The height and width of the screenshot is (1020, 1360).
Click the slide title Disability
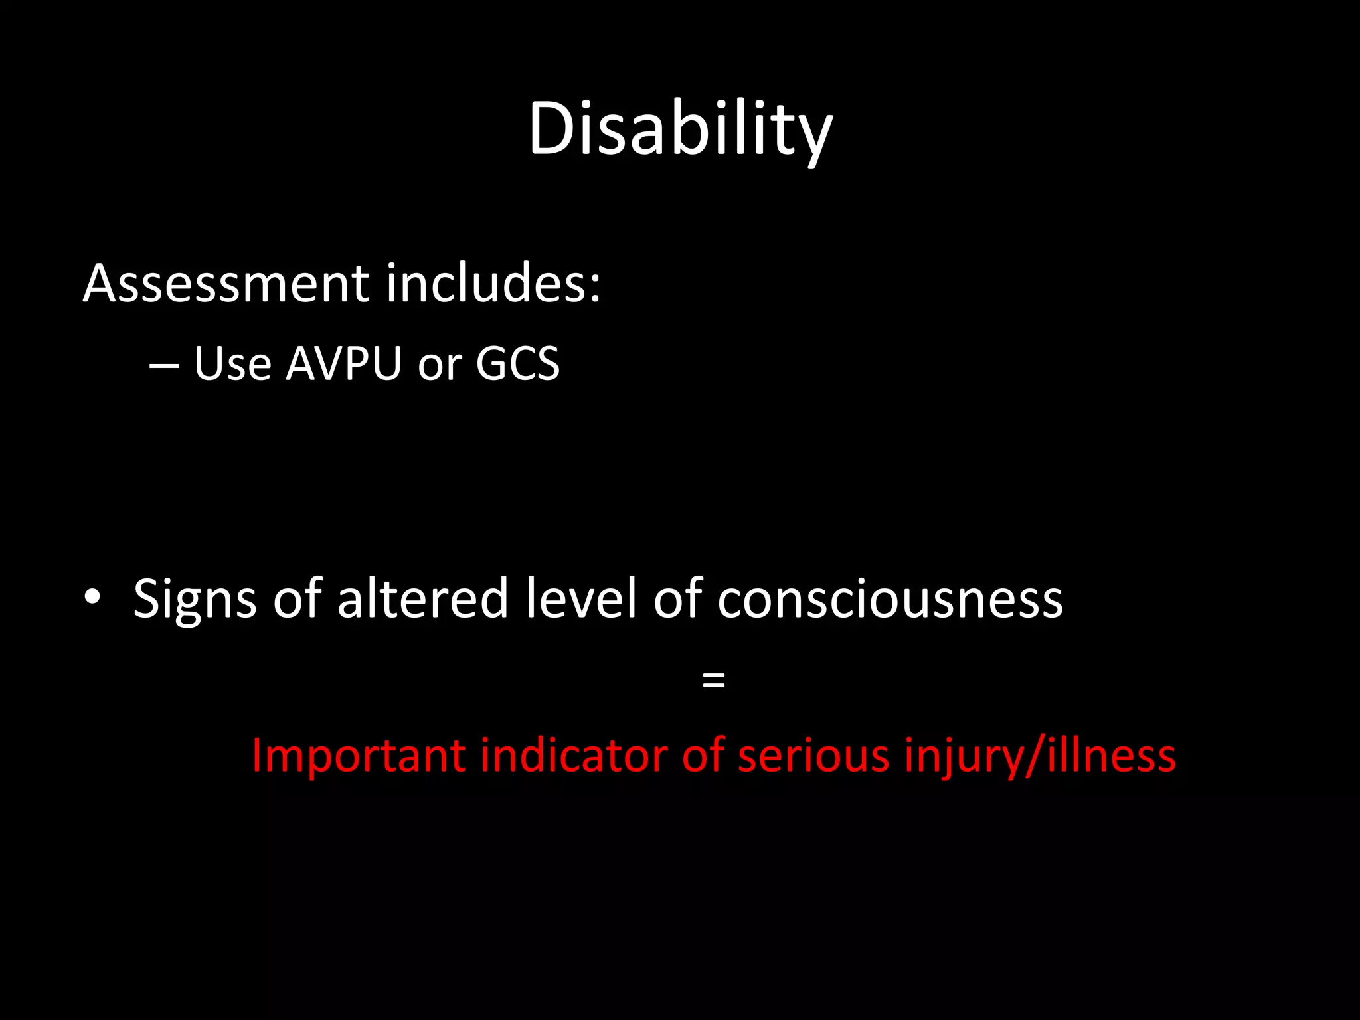(680, 129)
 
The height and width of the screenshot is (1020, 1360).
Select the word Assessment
(226, 284)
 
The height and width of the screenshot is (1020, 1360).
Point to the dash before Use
(164, 365)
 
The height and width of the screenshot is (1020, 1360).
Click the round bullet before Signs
(92, 597)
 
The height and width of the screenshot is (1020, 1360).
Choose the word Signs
(195, 600)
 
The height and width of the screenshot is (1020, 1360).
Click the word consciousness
(890, 600)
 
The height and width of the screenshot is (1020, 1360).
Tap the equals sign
(713, 679)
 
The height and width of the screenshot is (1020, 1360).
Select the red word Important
(358, 757)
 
